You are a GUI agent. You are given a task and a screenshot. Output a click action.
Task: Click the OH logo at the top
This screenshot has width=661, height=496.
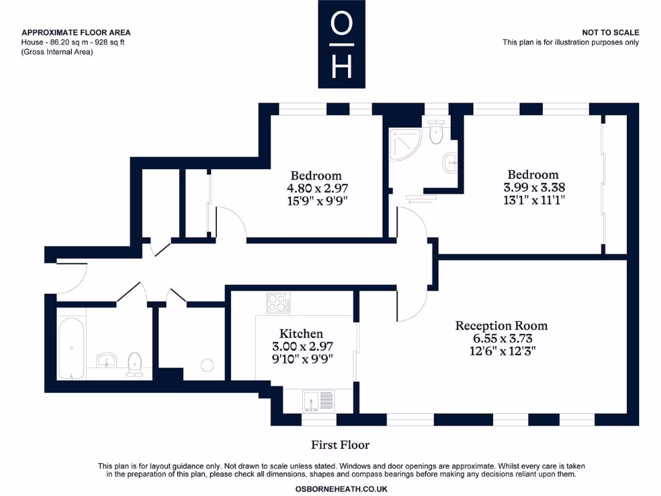[341, 44]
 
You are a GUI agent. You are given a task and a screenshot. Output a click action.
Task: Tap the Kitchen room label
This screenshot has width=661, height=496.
[302, 334]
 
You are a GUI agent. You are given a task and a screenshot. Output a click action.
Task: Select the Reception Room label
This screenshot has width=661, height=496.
[502, 325]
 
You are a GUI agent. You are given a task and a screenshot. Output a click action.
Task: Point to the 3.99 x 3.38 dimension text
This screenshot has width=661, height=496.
[533, 187]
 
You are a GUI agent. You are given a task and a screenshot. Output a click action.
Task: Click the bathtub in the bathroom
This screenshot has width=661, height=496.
[71, 347]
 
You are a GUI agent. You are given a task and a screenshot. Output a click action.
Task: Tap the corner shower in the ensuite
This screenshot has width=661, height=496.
[403, 143]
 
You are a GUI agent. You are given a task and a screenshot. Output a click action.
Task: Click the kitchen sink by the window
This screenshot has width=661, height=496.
[318, 401]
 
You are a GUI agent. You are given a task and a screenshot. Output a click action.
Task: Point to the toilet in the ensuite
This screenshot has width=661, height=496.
[436, 134]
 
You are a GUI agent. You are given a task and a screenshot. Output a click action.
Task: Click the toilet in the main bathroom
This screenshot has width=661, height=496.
[135, 364]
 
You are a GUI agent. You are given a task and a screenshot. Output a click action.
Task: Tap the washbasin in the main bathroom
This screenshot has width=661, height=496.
[106, 360]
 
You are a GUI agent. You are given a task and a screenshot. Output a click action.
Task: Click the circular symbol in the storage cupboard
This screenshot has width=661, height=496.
[208, 366]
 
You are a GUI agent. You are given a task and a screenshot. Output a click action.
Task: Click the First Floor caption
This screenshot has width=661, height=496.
[340, 445]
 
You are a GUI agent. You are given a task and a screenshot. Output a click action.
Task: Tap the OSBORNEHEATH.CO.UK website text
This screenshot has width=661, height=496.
[341, 489]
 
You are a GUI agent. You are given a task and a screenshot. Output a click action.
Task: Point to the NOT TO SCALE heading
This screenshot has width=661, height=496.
[610, 32]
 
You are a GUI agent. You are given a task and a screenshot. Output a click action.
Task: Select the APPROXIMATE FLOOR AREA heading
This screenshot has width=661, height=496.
[76, 32]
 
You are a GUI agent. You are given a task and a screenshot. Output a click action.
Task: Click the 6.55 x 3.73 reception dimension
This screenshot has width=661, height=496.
[502, 338]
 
